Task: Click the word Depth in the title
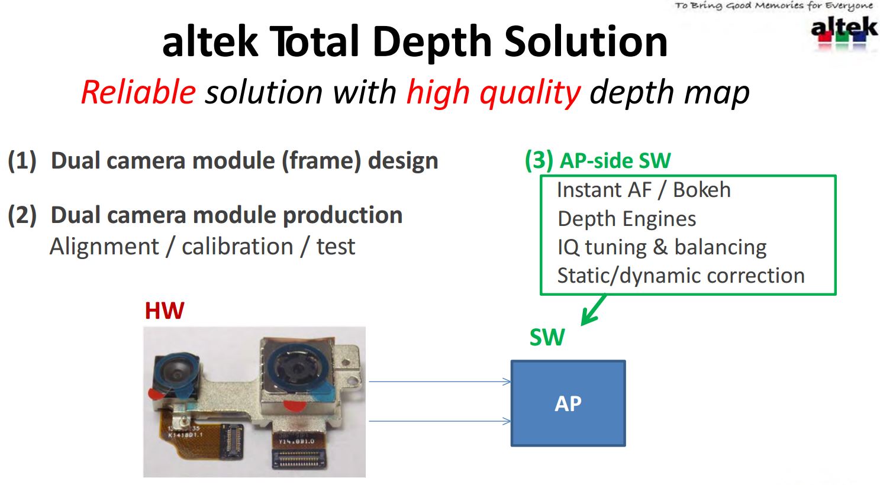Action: point(432,43)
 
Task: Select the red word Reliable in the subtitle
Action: point(138,93)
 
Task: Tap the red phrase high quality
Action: point(494,93)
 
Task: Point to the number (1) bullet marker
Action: point(22,161)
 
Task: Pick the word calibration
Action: point(237,247)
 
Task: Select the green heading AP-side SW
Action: point(615,161)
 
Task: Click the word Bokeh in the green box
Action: point(701,190)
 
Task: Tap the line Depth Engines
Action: point(627,219)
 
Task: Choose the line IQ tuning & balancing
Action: point(662,247)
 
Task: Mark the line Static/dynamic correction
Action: point(681,276)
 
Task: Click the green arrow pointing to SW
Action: point(593,311)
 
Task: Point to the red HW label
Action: point(165,311)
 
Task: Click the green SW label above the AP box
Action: point(547,338)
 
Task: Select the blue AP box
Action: point(568,403)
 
